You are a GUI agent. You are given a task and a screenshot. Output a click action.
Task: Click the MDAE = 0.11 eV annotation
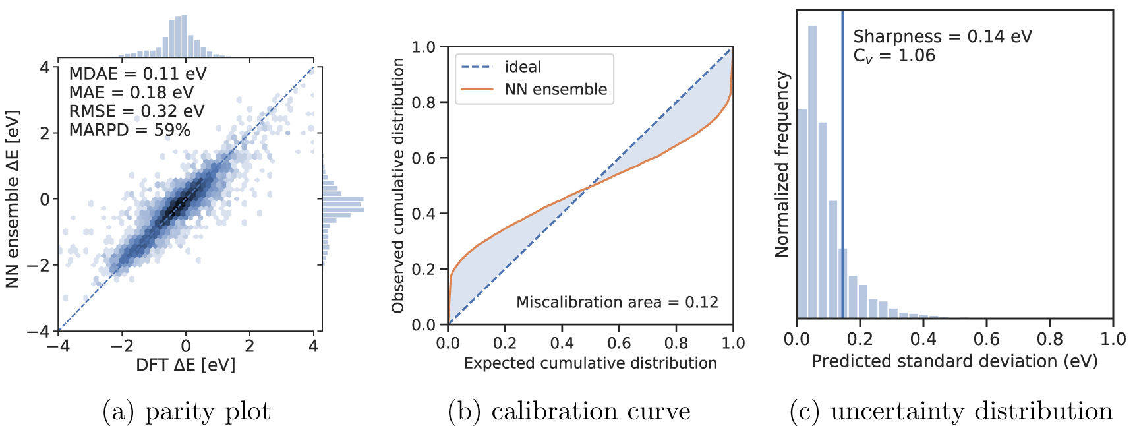click(137, 74)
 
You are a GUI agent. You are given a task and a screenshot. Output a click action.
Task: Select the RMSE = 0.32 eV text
click(136, 111)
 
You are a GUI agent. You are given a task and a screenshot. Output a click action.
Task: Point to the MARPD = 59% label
click(129, 130)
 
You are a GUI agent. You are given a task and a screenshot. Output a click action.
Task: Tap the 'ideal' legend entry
click(523, 67)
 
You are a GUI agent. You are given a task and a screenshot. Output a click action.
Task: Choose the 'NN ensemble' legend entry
click(556, 89)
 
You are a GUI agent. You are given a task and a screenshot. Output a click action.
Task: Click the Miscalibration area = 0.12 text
click(617, 302)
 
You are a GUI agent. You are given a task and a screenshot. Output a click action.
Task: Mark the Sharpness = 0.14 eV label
click(943, 36)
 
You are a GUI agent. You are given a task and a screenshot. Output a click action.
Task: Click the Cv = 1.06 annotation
click(894, 56)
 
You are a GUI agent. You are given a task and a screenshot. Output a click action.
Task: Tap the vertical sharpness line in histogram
click(842, 198)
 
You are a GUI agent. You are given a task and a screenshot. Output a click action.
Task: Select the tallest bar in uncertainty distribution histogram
click(812, 171)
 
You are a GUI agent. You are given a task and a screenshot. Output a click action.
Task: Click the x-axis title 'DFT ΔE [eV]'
click(185, 365)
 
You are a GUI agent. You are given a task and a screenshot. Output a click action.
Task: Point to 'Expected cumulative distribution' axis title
click(590, 363)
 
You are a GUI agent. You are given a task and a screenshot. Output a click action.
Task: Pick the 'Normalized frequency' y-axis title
click(782, 164)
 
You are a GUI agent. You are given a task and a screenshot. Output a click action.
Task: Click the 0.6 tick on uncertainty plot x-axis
click(986, 339)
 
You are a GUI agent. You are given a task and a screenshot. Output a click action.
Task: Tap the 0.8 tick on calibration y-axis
click(424, 102)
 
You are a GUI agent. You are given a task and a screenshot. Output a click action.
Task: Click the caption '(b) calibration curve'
click(569, 411)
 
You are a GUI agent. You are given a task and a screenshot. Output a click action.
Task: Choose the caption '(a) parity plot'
click(187, 411)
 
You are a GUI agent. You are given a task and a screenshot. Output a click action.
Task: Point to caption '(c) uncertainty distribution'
click(950, 411)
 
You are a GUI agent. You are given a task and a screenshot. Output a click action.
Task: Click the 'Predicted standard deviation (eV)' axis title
click(954, 361)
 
